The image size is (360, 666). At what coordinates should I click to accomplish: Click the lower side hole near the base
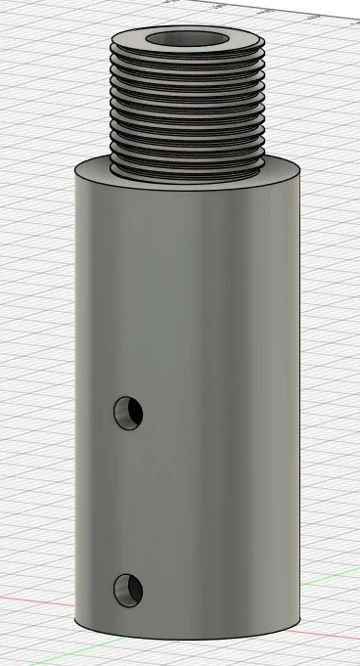128,589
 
